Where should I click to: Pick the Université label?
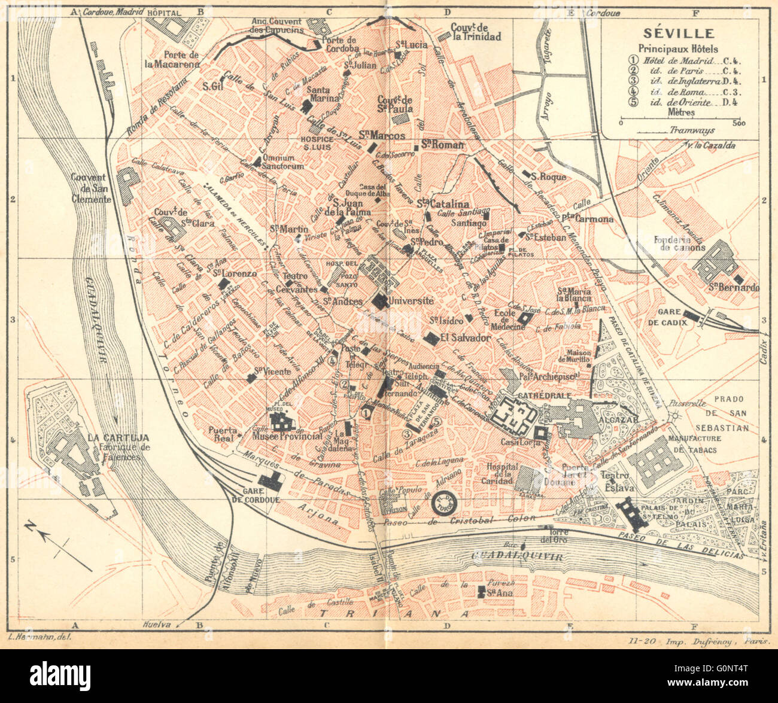click(410, 300)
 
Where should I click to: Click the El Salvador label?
click(465, 338)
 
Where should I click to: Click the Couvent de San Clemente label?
click(91, 188)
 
